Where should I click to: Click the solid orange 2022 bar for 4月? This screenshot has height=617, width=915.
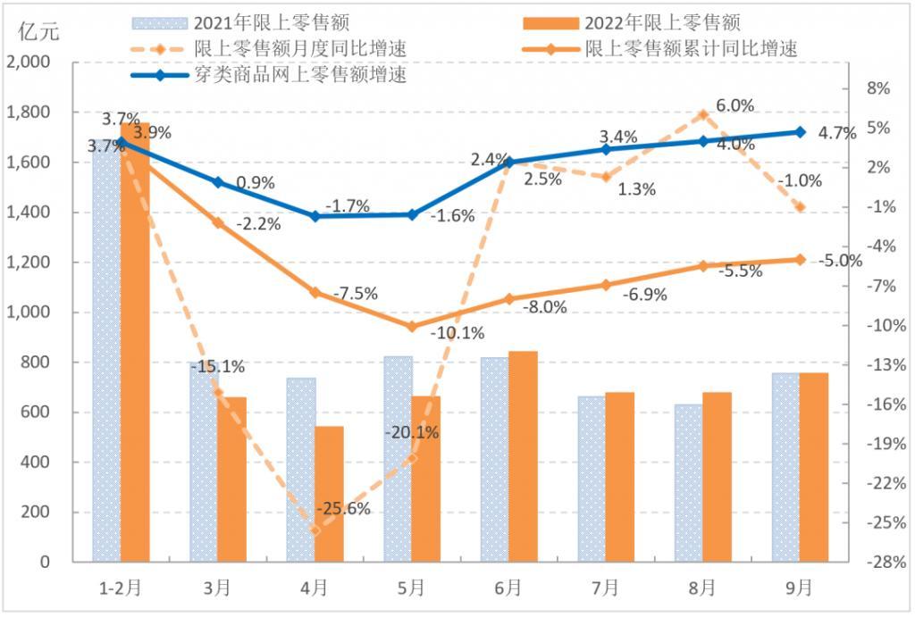click(329, 494)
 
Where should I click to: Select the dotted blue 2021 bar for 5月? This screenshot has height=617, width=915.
click(398, 459)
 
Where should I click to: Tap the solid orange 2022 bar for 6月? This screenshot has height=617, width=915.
click(523, 456)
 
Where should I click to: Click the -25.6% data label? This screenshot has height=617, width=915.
click(343, 510)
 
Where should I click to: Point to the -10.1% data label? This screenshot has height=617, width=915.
click(457, 333)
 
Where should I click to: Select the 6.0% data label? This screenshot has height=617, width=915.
click(735, 105)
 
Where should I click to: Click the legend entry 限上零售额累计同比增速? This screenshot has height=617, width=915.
click(688, 49)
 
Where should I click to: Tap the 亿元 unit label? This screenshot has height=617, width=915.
click(38, 32)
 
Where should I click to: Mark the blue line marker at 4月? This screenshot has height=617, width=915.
click(315, 216)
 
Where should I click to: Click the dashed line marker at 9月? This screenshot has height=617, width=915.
click(800, 207)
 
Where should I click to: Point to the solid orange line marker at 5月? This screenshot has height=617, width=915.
click(412, 327)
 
